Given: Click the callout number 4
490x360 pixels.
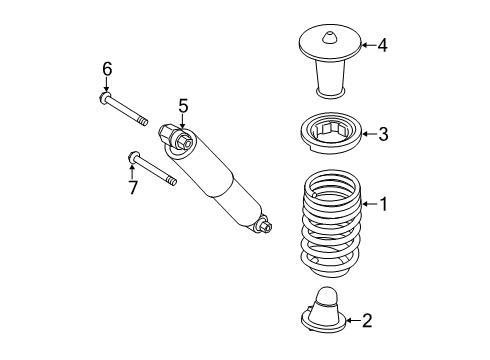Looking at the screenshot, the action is tap(382, 45).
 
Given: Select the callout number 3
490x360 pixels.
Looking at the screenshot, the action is tap(383, 134).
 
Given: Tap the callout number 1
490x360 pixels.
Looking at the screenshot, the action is tap(384, 204).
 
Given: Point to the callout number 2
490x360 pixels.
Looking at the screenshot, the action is tap(367, 321).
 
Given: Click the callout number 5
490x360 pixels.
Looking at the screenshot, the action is tap(183, 106).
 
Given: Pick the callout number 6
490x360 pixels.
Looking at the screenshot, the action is tap(107, 69).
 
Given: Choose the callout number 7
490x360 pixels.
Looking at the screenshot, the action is tap(133, 188).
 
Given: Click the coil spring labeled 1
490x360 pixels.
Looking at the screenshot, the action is tap(331, 223).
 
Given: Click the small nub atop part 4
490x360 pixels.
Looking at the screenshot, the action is tap(330, 38).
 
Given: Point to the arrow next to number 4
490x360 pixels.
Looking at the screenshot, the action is tap(369, 45).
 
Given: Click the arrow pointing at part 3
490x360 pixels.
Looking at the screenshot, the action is tap(369, 134).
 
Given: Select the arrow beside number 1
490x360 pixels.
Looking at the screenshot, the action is tap(370, 204).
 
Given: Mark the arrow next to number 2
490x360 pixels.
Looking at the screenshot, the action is tap(353, 321).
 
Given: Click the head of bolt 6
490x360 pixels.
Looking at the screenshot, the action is tap(104, 98).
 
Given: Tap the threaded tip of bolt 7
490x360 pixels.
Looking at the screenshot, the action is tap(171, 181).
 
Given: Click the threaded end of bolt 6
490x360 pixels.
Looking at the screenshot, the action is tap(143, 121).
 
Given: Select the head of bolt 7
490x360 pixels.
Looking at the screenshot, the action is tap(132, 157).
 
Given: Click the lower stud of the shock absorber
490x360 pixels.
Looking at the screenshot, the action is tap(264, 226).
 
